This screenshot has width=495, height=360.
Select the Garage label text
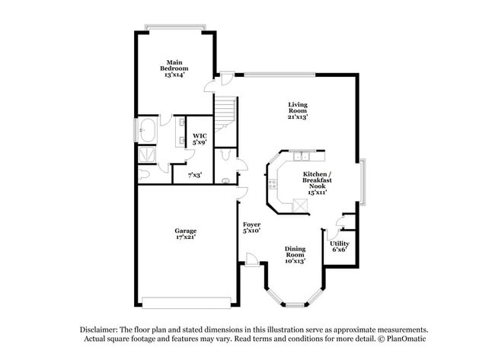point(185,234)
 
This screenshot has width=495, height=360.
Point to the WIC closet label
point(200,139)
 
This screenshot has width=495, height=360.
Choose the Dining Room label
point(295,255)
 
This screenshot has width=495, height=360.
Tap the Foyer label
point(252,227)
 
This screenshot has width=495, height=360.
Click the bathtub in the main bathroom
point(146,131)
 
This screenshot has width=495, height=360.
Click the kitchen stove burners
point(272,183)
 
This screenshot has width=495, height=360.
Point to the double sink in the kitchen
point(302,157)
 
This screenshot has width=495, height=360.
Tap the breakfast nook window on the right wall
point(363,183)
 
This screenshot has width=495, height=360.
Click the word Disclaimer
point(100,329)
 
